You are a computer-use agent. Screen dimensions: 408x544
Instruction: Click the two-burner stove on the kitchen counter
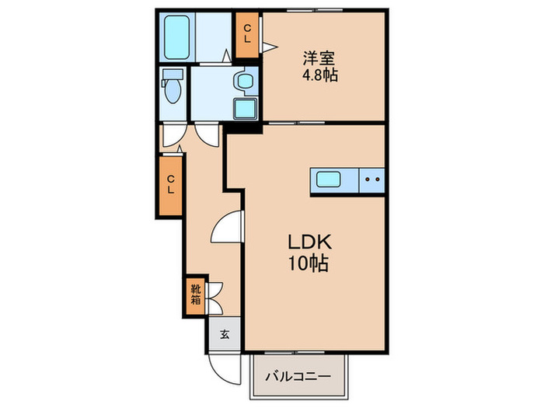[x=371, y=180]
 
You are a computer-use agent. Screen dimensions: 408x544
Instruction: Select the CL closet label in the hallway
[x=171, y=185]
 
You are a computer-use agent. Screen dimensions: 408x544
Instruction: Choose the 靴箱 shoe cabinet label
[x=195, y=295]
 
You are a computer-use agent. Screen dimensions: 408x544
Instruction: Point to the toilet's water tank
[x=172, y=76]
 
